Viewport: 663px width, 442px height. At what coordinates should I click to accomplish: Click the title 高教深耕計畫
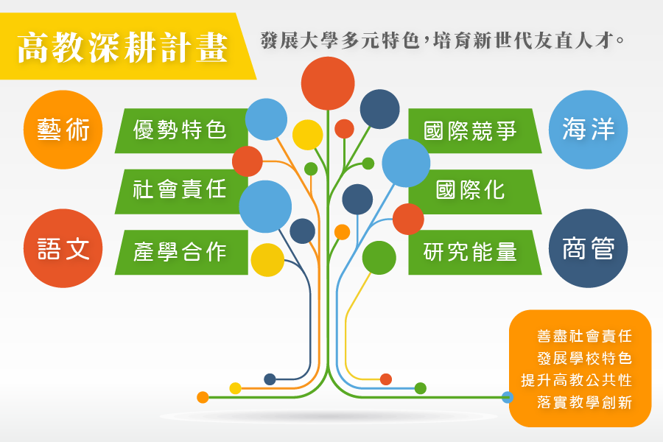122,47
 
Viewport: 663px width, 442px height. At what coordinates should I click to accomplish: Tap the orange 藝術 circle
63,130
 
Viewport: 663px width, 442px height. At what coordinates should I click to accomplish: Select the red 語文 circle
63,248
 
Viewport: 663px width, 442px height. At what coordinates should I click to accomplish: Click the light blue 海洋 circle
588,130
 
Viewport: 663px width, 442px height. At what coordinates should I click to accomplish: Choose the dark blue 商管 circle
588,248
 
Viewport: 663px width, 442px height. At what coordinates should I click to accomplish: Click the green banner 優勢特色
181,130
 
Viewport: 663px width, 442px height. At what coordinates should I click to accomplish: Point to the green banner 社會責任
181,192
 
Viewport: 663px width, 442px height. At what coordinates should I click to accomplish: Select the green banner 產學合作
181,253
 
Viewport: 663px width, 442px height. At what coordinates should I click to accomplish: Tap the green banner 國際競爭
475,130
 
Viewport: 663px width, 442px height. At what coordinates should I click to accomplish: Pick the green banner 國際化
475,192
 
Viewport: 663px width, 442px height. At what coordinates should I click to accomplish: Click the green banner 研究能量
475,253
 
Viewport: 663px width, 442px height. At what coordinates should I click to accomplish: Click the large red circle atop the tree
328,83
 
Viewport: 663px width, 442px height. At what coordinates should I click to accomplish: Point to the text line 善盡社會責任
584,336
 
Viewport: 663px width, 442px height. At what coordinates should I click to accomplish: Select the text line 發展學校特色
584,358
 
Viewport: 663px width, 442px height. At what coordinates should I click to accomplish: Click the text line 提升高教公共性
576,380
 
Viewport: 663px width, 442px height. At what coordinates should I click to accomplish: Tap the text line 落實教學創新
584,402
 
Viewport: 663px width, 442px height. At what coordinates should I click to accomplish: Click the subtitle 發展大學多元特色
340,41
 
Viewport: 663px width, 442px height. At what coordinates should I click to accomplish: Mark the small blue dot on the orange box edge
508,397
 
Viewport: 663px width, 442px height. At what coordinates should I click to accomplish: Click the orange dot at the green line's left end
203,397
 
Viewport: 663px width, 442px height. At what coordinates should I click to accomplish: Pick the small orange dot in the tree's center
342,232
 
